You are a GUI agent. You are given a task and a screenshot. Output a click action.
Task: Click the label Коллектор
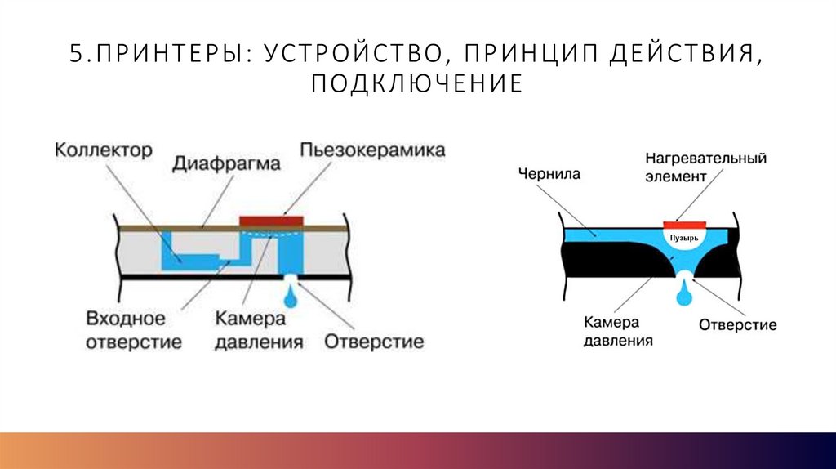point(104,151)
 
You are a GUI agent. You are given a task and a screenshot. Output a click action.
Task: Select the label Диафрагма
point(226,163)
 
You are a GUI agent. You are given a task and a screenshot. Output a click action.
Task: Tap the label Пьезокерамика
point(372,150)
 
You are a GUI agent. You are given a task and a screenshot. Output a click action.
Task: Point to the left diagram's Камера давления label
point(259,330)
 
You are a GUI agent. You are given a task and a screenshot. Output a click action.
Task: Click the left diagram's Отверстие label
point(374,342)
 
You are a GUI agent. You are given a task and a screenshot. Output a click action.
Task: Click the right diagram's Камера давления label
point(618,330)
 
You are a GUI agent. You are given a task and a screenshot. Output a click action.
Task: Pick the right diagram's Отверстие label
point(737,324)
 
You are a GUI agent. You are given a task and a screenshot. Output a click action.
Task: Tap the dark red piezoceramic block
point(271,221)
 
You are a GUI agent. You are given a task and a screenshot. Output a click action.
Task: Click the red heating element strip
point(683,222)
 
